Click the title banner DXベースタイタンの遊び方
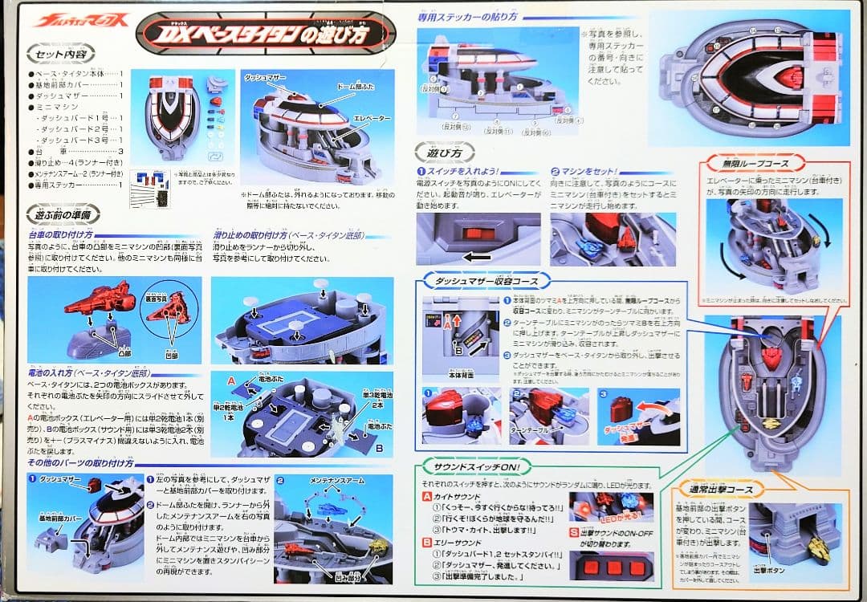coord(266,34)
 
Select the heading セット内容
coord(62,55)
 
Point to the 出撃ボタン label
coord(768,571)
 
